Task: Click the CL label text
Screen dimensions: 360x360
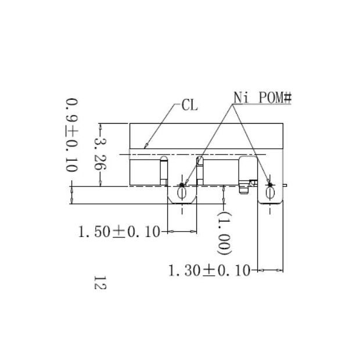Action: click(x=189, y=105)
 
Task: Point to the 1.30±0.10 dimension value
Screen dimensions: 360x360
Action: click(x=208, y=271)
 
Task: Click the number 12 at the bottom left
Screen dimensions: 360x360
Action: click(x=99, y=284)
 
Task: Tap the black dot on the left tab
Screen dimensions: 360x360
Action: click(x=182, y=185)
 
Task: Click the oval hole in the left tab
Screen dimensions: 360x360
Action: click(x=182, y=193)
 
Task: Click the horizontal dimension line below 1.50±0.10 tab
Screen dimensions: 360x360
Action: click(x=182, y=232)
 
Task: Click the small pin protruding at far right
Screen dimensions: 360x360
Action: click(x=285, y=185)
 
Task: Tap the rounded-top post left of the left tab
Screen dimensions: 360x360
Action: click(x=164, y=171)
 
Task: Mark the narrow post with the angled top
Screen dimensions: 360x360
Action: click(x=200, y=171)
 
